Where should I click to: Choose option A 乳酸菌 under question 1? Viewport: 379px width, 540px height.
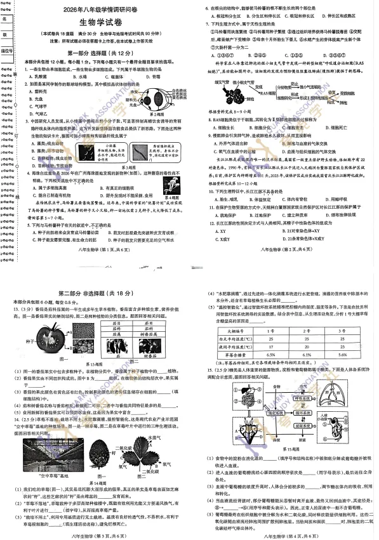(x=42, y=76)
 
